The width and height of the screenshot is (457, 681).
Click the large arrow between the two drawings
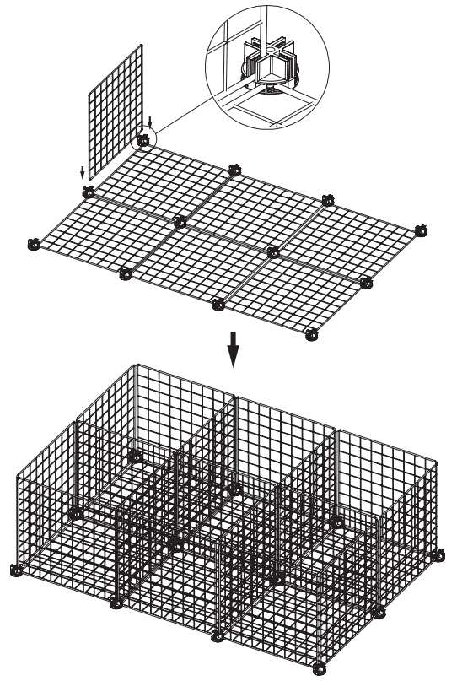tap(234, 354)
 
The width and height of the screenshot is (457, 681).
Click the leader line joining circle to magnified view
tap(181, 110)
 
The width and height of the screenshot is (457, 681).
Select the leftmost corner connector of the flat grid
tap(35, 245)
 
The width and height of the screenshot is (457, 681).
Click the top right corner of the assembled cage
tap(438, 461)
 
